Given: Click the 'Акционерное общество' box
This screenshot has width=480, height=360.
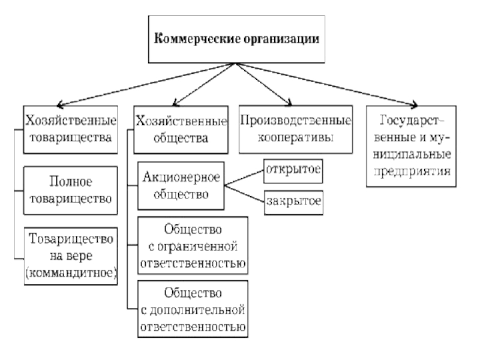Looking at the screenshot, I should coord(181,186).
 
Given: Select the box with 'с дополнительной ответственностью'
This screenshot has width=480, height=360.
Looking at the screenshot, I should coord(193,309).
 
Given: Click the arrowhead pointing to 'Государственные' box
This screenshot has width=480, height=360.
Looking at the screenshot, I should coord(413,103).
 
